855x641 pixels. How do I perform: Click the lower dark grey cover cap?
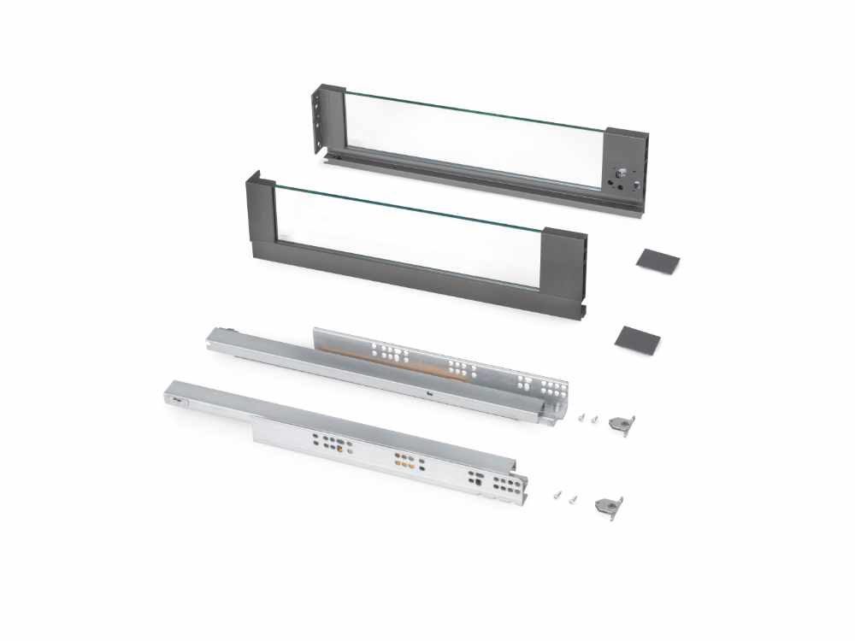pos(637,338)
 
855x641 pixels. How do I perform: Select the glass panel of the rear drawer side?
pos(475,141)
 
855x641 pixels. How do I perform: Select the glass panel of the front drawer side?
pos(406,235)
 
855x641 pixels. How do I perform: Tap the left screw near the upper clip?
pos(581,417)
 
